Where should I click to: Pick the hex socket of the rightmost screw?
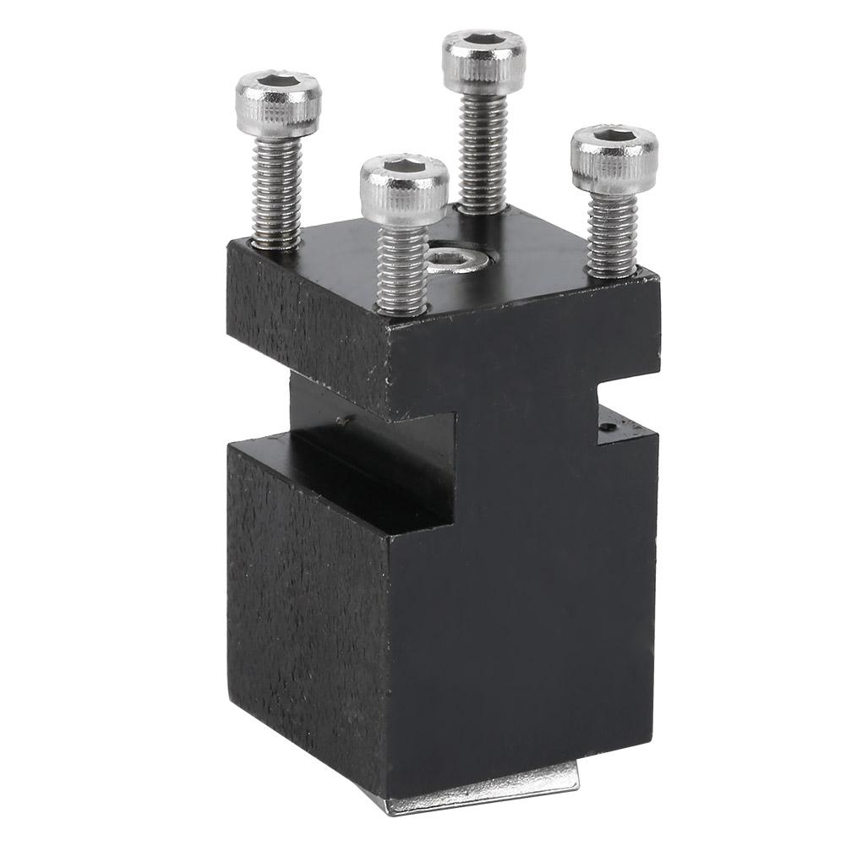coord(614,138)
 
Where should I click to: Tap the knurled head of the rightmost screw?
coord(613,165)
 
